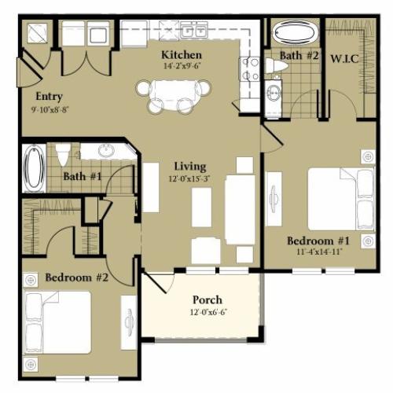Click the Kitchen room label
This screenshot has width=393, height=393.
pyautogui.click(x=182, y=55)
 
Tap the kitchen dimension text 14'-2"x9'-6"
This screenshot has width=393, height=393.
pyautogui.click(x=182, y=65)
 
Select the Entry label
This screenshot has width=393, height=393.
pyautogui.click(x=50, y=97)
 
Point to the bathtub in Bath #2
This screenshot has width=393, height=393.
pyautogui.click(x=295, y=33)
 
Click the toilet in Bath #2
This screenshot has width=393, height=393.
pyautogui.click(x=277, y=65)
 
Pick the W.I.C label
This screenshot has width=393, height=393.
pyautogui.click(x=344, y=59)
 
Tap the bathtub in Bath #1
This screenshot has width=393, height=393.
pyautogui.click(x=34, y=167)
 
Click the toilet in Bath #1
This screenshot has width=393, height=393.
pyautogui.click(x=63, y=155)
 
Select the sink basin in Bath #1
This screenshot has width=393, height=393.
pyautogui.click(x=107, y=151)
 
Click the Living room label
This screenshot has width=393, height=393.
pyautogui.click(x=190, y=167)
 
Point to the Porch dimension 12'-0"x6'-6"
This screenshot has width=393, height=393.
pyautogui.click(x=208, y=312)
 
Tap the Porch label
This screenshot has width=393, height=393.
pyautogui.click(x=208, y=300)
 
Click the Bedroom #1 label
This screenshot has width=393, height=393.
pyautogui.click(x=318, y=241)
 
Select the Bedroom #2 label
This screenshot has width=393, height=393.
pyautogui.click(x=77, y=277)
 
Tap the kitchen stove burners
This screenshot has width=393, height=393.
pyautogui.click(x=250, y=69)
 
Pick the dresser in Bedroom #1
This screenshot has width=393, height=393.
pyautogui.click(x=274, y=199)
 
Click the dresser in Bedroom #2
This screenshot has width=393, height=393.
pyautogui.click(x=129, y=323)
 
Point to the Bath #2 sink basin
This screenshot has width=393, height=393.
pyautogui.click(x=274, y=94)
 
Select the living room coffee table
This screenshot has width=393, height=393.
pyautogui.click(x=201, y=207)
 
